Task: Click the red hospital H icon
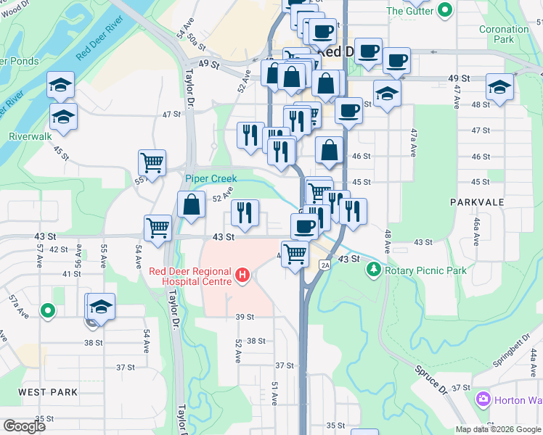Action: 243,275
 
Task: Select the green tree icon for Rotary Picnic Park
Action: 374,270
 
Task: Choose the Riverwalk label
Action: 30,136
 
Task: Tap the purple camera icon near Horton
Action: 483,399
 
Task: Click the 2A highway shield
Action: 325,265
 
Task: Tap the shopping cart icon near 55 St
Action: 152,164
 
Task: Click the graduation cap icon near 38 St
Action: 102,307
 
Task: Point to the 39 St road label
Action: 245,317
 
